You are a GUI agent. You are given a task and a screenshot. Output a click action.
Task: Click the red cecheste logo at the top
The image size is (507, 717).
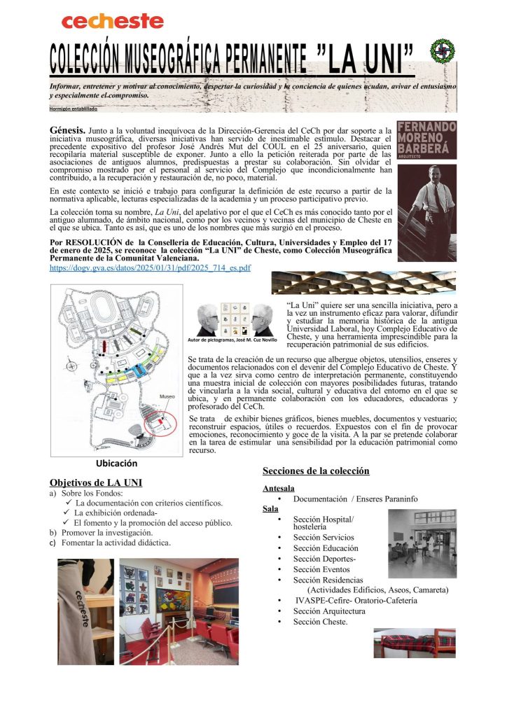pyautogui.click(x=112, y=22)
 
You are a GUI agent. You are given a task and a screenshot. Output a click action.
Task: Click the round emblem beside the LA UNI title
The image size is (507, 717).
pyautogui.click(x=443, y=50)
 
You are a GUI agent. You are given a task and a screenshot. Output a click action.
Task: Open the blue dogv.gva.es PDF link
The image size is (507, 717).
pyautogui.click(x=150, y=267)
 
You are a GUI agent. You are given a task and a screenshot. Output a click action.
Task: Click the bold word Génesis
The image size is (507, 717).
pyautogui.click(x=68, y=131)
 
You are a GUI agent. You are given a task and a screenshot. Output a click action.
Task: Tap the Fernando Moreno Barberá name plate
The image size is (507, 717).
pyautogui.click(x=426, y=140)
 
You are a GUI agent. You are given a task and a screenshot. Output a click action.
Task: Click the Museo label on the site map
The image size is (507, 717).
pyautogui.click(x=167, y=396)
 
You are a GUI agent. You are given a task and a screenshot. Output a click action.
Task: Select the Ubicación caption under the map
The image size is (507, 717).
pyautogui.click(x=116, y=464)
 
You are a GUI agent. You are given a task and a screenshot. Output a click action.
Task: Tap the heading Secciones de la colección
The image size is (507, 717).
pyautogui.click(x=316, y=471)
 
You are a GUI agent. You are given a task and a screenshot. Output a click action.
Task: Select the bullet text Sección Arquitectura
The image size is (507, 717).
pyautogui.click(x=329, y=611)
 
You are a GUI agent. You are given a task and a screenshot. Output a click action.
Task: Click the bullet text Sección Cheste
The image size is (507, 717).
pyautogui.click(x=320, y=621)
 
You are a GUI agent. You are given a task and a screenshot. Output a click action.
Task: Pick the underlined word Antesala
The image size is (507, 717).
pyautogui.click(x=278, y=488)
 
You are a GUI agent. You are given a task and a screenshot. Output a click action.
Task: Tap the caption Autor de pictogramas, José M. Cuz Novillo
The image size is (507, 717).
pyautogui.click(x=232, y=340)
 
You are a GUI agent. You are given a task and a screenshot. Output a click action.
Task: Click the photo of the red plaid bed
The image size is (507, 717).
pyautogui.click(x=415, y=643)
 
